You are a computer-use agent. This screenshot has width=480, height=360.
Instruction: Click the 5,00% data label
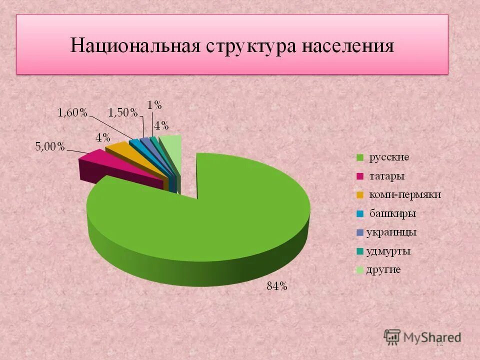click(x=49, y=146)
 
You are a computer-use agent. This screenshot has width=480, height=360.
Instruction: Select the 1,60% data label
click(x=72, y=113)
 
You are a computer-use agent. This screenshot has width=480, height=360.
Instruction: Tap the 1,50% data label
click(x=122, y=113)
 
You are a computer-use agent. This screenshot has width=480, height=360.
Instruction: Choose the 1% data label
click(x=154, y=104)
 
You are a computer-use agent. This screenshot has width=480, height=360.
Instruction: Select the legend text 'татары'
click(x=386, y=176)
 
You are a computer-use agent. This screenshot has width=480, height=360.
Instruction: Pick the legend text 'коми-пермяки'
click(x=405, y=195)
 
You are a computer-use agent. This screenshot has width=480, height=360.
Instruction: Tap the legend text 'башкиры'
click(x=392, y=214)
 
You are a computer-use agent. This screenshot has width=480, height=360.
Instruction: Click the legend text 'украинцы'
click(x=391, y=232)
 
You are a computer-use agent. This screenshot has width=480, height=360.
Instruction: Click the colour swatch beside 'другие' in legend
click(x=359, y=270)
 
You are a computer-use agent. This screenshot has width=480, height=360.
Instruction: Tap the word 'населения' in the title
click(x=347, y=46)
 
